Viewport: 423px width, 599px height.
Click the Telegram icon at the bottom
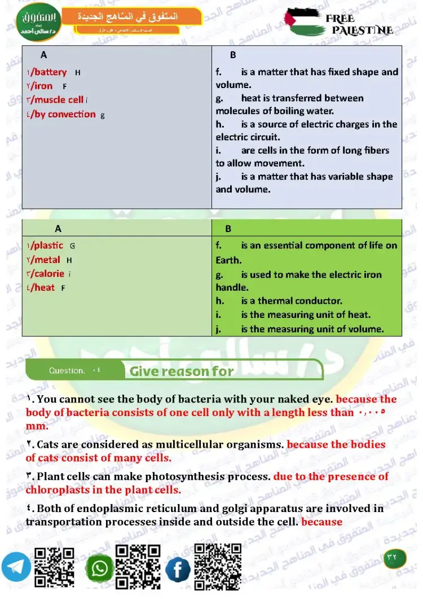click(x=16, y=566)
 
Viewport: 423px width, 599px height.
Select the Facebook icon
click(x=178, y=570)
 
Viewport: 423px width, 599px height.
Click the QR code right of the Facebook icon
click(x=218, y=566)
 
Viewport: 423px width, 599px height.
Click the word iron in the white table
click(x=43, y=86)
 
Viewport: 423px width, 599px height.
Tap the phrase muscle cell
click(x=59, y=100)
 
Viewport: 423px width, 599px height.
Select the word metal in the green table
click(x=47, y=260)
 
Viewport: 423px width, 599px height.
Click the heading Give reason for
click(x=182, y=371)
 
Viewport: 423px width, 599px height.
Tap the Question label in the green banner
click(x=67, y=371)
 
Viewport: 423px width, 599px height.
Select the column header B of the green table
click(x=228, y=229)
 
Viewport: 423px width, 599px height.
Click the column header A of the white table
click(x=44, y=55)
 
